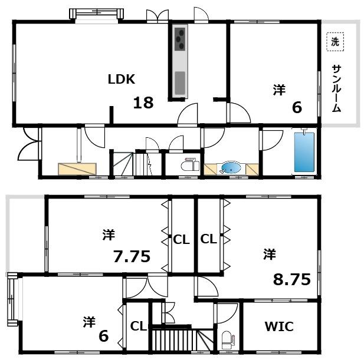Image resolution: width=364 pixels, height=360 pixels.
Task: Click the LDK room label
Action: [122, 80]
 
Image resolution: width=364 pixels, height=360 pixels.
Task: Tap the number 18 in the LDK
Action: [143, 103]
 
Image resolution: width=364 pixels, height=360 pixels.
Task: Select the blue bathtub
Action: [304, 152]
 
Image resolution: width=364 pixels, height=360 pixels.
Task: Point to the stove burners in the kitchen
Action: [180, 39]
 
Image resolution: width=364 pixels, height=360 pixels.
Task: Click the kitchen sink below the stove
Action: [180, 82]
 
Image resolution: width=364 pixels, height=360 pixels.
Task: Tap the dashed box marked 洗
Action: [335, 42]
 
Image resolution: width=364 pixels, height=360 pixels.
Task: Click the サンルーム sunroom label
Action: [336, 88]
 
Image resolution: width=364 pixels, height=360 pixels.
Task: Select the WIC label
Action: [279, 326]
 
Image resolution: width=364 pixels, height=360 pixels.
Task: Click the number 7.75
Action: [132, 256]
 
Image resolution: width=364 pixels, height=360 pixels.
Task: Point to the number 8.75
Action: [291, 279]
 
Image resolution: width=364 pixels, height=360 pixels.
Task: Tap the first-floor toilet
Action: [190, 164]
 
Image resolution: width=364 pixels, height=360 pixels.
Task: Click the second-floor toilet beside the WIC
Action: [228, 340]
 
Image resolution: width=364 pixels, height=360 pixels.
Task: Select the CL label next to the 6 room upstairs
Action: [139, 326]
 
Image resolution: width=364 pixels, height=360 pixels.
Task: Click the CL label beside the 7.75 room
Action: [181, 239]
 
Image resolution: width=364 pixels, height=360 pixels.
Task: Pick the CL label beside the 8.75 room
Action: [208, 239]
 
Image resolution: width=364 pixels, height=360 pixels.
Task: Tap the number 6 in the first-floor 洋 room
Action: [297, 107]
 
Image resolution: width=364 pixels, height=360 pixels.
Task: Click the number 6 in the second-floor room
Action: [103, 336]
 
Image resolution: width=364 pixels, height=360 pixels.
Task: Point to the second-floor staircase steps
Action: [182, 339]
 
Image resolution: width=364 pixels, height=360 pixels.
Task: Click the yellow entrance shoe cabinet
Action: [77, 169]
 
